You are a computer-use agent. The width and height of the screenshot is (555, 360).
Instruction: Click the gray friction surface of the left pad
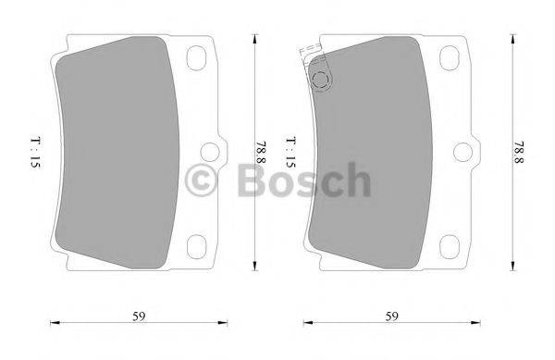pos(116,157)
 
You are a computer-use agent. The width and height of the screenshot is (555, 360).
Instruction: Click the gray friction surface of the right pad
pos(370,157)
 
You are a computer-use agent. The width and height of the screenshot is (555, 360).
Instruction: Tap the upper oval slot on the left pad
pos(198,58)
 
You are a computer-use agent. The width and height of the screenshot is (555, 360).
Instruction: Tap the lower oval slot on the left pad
pos(198,245)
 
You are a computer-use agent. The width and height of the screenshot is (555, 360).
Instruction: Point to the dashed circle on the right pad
pos(320,81)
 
